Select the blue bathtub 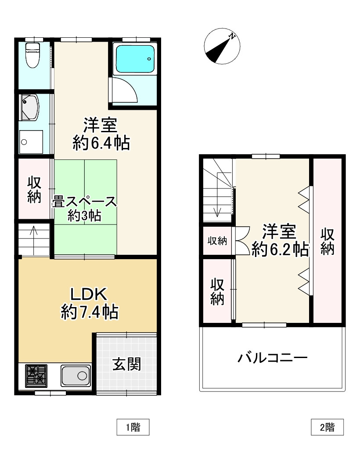(134, 59)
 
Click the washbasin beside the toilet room (30, 107)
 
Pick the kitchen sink (76, 375)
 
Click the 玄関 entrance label (126, 364)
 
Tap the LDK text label (89, 293)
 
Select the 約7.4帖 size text (89, 312)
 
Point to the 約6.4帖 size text (101, 143)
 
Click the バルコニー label (272, 358)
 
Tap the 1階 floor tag (133, 427)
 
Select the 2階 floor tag (327, 427)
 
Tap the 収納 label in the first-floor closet (34, 190)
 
